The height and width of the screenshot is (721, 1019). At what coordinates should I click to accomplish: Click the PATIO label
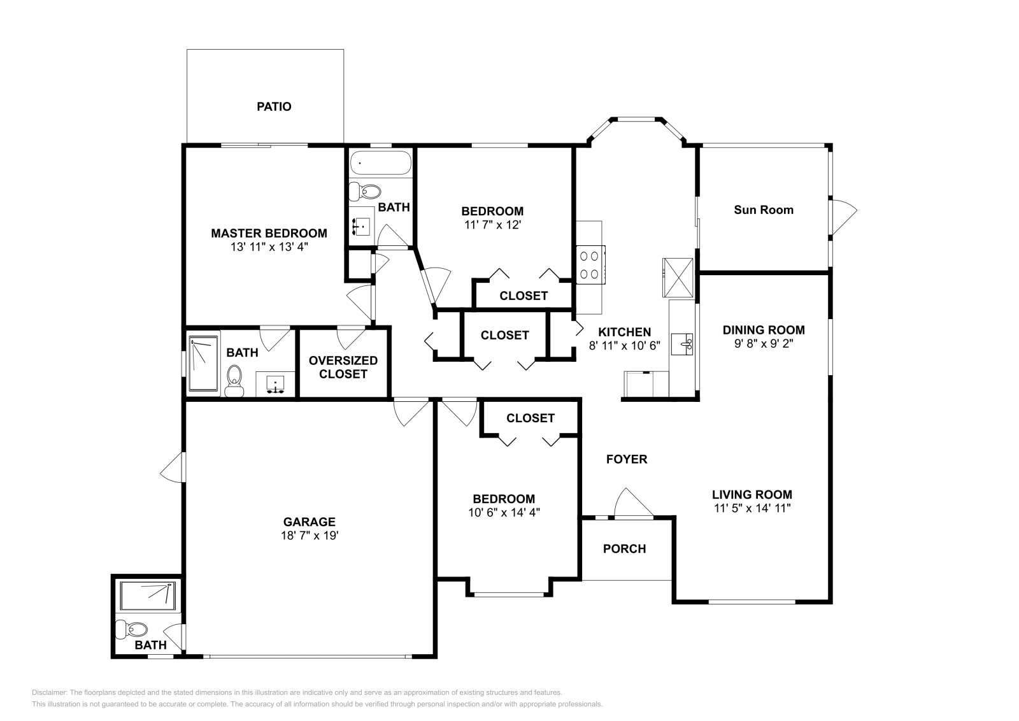pos(274,106)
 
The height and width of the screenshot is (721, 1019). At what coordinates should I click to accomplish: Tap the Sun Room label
pos(764,210)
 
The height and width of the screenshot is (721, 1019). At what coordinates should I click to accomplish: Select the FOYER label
pos(627,459)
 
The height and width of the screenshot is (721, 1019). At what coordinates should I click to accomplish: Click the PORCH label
pos(624,548)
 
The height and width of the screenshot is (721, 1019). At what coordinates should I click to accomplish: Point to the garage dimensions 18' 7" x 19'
pos(310,535)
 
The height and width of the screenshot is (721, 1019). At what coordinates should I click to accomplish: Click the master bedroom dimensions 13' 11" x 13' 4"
pos(269,246)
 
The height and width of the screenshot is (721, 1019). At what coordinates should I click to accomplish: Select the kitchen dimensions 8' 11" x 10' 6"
pos(624,346)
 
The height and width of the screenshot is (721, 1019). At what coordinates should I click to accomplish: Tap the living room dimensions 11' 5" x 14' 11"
pos(752,508)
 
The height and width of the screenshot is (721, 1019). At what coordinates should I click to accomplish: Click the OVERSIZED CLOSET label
pos(343,367)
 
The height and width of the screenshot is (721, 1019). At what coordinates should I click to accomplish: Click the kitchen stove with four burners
pos(590,265)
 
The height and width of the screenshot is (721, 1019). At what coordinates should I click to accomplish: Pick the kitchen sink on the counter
pos(681,344)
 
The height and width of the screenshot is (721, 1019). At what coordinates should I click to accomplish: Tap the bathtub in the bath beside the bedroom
pos(381,163)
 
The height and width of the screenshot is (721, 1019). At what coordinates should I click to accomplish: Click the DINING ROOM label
pos(764,330)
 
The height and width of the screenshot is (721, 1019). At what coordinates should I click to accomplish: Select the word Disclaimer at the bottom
pos(49,692)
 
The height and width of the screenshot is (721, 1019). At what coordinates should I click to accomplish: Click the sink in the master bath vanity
pos(274,383)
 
